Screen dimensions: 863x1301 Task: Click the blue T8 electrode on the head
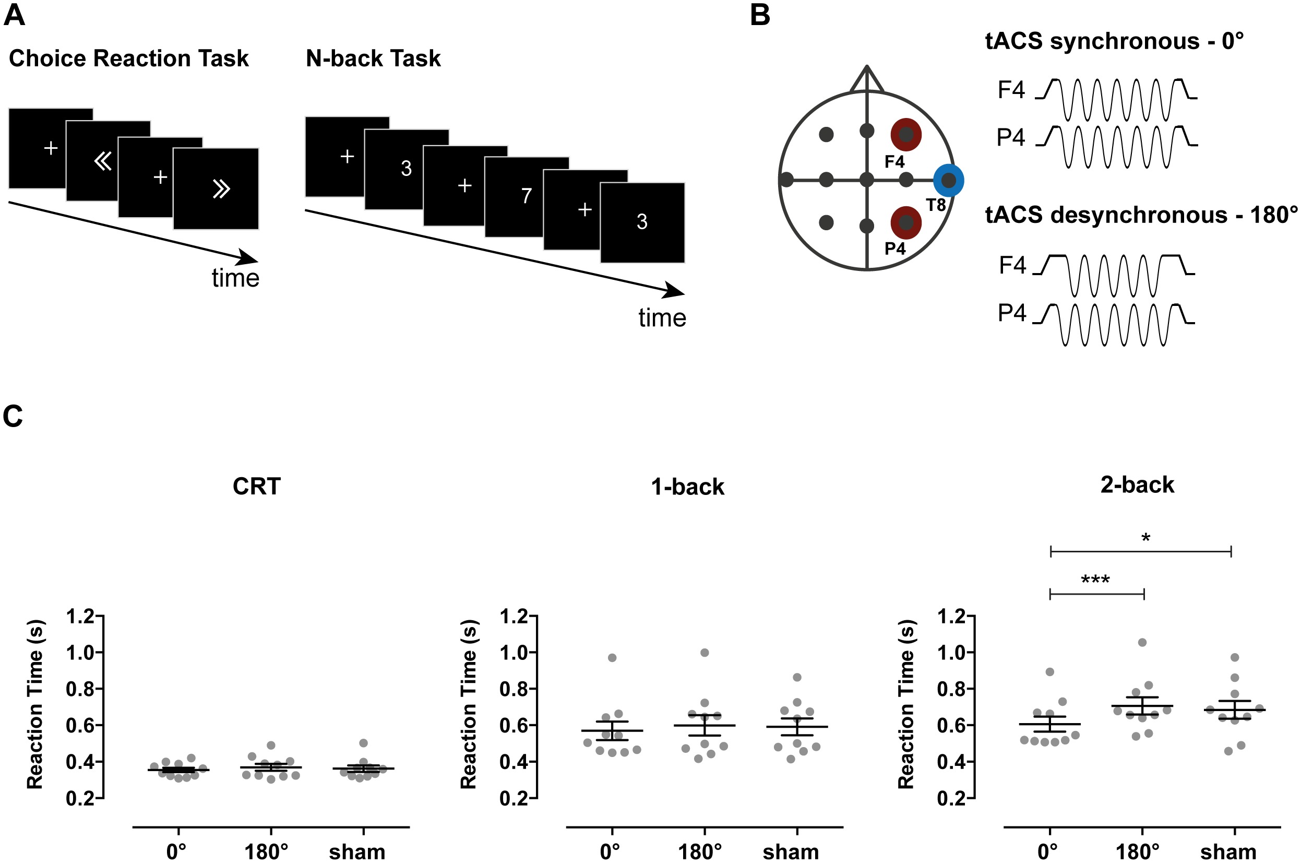pos(948,180)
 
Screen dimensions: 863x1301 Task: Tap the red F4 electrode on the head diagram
pos(906,134)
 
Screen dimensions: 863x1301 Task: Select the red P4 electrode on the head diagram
pos(906,222)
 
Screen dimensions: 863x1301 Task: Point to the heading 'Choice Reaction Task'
pos(129,58)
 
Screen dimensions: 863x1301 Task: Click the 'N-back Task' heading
pos(373,58)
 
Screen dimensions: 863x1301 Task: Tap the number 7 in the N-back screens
pos(527,196)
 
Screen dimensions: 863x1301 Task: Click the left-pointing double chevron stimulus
pos(103,161)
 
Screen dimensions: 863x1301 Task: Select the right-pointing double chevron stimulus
pos(221,190)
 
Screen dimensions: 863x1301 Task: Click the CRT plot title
pos(256,487)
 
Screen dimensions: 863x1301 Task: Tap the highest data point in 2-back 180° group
pos(1142,642)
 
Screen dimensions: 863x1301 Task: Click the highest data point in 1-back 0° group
pos(612,658)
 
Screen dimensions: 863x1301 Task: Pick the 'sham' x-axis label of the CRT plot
pos(357,852)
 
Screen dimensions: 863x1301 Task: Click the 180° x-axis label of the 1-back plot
pos(700,852)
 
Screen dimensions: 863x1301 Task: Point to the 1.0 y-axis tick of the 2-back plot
pos(951,653)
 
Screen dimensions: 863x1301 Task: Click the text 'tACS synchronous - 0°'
pos(1114,41)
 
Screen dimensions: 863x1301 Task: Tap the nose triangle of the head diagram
pos(867,80)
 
